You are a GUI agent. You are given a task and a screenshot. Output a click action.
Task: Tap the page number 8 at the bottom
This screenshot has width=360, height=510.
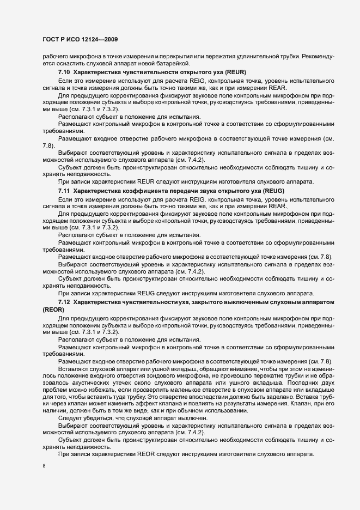44,466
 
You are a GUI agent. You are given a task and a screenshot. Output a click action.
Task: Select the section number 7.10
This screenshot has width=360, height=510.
64,72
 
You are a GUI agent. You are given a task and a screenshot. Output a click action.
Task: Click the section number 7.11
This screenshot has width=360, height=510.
64,190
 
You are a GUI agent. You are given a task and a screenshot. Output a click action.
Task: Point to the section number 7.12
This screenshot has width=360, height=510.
64,301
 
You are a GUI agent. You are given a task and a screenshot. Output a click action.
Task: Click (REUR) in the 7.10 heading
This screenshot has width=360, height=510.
231,72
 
